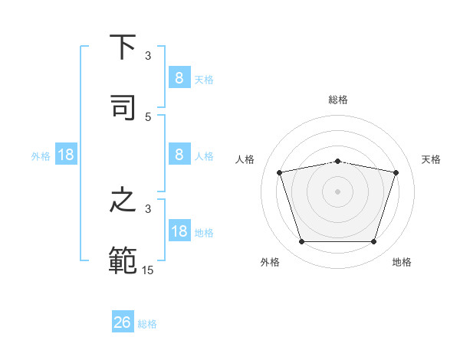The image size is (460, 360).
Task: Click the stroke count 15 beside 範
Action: (x=149, y=270)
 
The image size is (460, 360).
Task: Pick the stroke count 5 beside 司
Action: (x=149, y=116)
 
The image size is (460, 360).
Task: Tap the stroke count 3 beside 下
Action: (x=149, y=56)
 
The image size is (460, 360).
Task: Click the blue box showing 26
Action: (x=123, y=322)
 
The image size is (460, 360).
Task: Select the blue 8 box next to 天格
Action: (x=179, y=77)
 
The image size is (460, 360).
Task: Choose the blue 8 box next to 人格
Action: (x=179, y=154)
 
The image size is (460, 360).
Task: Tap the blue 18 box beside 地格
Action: (x=179, y=231)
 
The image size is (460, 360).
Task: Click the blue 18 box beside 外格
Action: (x=66, y=155)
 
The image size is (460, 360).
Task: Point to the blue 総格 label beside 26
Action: (x=148, y=324)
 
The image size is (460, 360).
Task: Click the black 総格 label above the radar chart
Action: (x=337, y=100)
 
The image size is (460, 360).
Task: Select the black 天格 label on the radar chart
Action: (x=432, y=159)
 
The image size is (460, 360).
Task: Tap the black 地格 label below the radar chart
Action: (x=402, y=262)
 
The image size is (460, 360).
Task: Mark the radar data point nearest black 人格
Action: (x=280, y=172)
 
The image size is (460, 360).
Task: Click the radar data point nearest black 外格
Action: (x=301, y=242)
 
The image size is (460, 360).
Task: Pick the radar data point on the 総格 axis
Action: (x=337, y=161)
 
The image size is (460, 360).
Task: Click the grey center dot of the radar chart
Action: (x=337, y=191)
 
